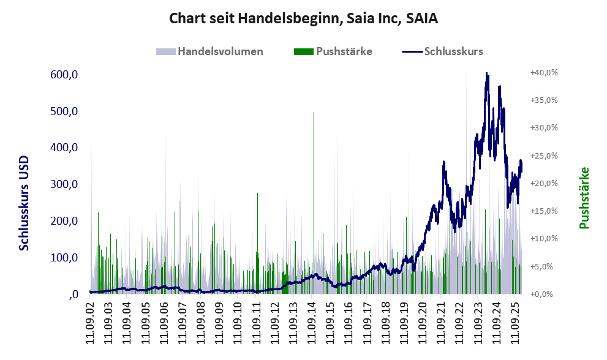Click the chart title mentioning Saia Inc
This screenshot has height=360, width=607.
point(303,19)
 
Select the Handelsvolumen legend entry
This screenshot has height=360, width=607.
point(211,51)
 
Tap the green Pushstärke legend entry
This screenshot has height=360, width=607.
point(333,51)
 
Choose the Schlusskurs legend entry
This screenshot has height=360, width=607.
point(443,51)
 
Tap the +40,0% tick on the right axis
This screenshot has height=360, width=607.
point(544,72)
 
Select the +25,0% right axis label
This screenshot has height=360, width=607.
point(544,156)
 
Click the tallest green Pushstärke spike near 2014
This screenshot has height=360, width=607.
point(314,113)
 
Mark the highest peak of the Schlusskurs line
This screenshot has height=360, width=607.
point(486,73)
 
